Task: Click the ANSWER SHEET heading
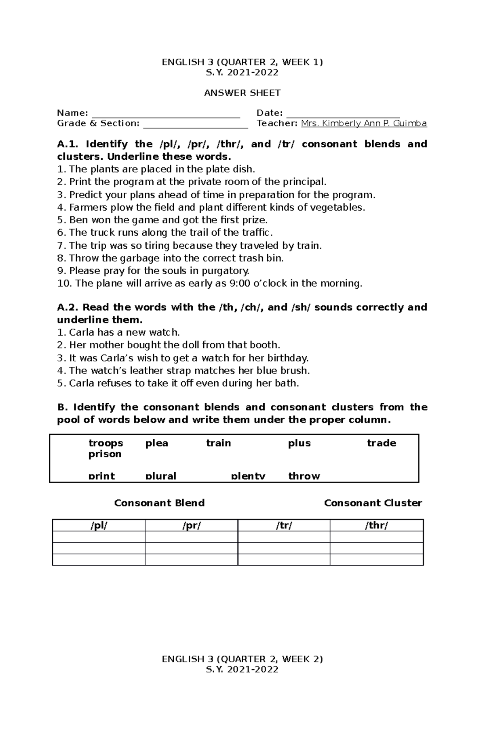pyautogui.click(x=242, y=93)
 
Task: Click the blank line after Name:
pyautogui.click(x=166, y=114)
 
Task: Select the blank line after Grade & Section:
pyautogui.click(x=196, y=124)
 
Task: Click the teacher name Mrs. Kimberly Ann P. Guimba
pyautogui.click(x=364, y=123)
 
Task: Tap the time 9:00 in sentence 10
pyautogui.click(x=239, y=283)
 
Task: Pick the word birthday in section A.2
pyautogui.click(x=290, y=358)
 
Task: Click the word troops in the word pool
pyautogui.click(x=105, y=443)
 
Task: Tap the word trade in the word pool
pyautogui.click(x=381, y=443)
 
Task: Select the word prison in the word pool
pyautogui.click(x=105, y=454)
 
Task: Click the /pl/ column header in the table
pyautogui.click(x=99, y=526)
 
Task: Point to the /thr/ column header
pyautogui.click(x=376, y=526)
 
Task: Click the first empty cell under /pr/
pyautogui.click(x=191, y=537)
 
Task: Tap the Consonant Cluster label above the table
pyautogui.click(x=373, y=503)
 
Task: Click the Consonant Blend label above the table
pyautogui.click(x=159, y=503)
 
